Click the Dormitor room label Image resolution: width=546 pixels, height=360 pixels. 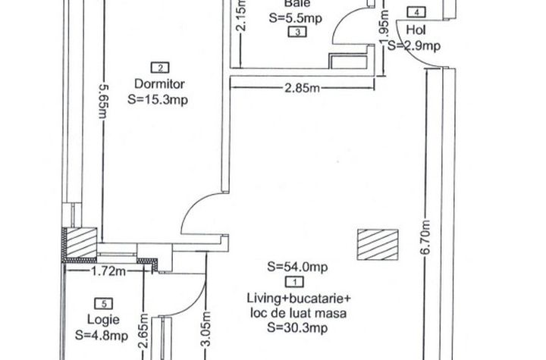(x=159, y=84)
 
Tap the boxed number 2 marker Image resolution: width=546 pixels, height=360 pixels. (x=160, y=67)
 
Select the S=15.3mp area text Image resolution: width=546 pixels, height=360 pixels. (x=158, y=99)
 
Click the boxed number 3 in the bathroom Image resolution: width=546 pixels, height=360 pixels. (x=297, y=32)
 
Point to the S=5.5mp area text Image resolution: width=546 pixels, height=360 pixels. (x=295, y=18)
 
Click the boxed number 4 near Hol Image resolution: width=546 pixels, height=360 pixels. (x=416, y=12)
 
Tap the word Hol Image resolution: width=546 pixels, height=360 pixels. (x=416, y=30)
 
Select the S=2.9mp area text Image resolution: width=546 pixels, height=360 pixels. (x=414, y=45)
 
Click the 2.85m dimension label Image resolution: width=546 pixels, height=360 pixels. (x=303, y=88)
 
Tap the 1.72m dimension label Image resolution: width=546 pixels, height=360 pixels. (x=108, y=271)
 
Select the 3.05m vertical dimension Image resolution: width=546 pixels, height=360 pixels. (x=206, y=329)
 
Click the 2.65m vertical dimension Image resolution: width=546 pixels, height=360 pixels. (x=143, y=330)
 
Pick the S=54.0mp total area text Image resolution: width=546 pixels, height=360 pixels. (x=297, y=267)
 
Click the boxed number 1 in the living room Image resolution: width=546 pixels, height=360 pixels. (x=294, y=282)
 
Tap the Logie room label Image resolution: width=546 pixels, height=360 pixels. (x=103, y=320)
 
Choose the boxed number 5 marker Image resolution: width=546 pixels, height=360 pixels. (x=104, y=304)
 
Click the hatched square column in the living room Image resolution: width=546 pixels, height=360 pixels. (x=378, y=245)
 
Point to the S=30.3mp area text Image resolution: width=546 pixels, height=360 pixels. (x=297, y=327)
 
